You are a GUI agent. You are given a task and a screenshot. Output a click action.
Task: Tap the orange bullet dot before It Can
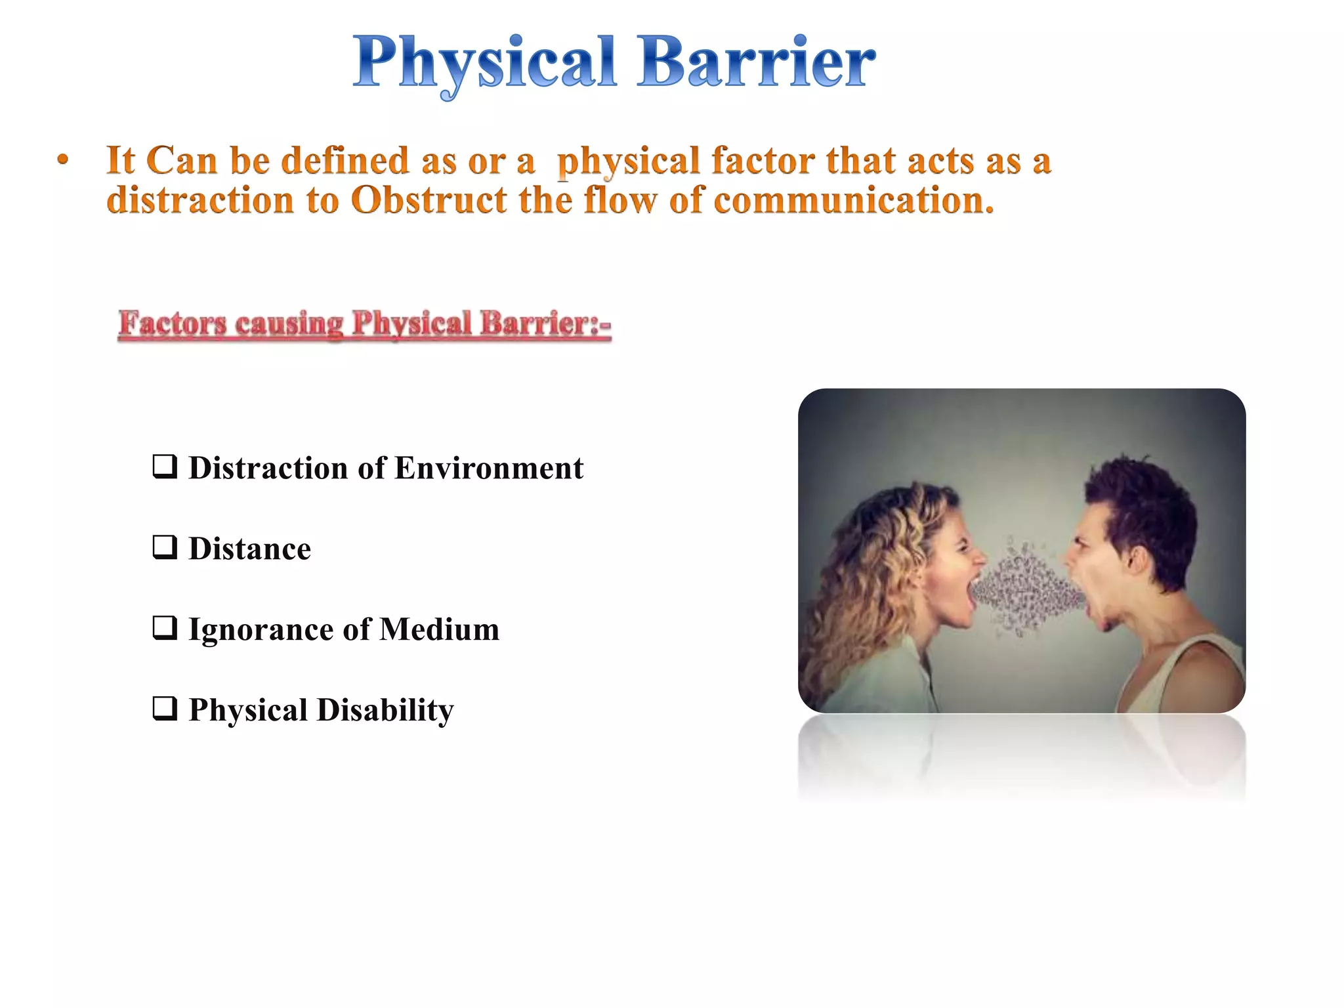[62, 159]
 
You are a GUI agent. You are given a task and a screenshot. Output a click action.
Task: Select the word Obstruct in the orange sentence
[428, 200]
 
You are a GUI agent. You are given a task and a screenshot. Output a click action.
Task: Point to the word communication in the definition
[853, 200]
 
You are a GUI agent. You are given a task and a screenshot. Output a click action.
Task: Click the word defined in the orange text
[345, 161]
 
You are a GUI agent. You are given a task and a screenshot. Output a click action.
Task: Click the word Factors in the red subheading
[172, 324]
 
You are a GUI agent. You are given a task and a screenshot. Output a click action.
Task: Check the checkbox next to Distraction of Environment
[164, 467]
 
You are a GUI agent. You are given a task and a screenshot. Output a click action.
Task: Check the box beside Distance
[164, 547]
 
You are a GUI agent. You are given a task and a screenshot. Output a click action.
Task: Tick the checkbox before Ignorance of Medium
[164, 628]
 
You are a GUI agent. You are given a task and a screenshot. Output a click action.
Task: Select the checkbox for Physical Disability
[164, 709]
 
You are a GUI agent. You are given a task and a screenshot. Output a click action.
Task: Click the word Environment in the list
[489, 469]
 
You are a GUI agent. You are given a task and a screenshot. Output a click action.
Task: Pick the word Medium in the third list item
[440, 629]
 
